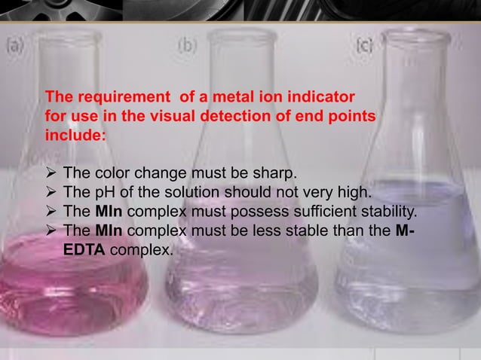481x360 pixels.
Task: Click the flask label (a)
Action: click(15, 44)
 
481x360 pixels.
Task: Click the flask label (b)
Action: click(186, 44)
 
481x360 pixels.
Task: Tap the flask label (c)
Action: click(364, 44)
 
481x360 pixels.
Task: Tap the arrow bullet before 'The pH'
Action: click(52, 191)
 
